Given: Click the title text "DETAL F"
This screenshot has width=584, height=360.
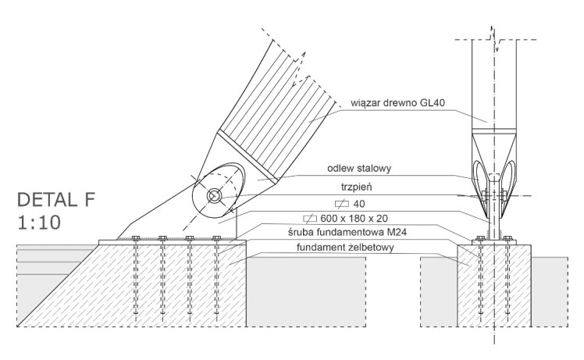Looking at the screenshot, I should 54,198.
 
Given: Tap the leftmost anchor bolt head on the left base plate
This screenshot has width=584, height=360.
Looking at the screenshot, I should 136,238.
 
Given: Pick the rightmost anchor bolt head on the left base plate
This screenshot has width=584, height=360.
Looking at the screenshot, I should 216,238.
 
